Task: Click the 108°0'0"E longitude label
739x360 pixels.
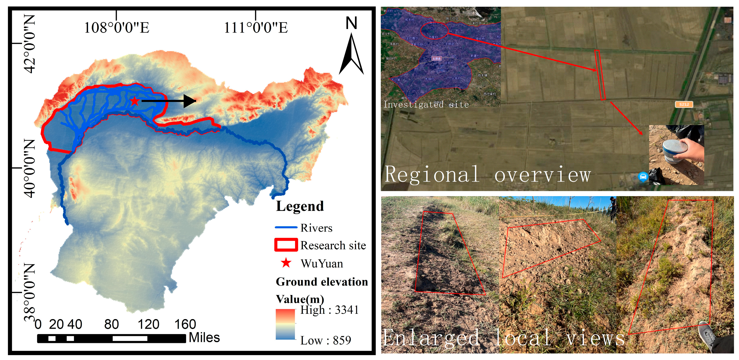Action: coord(117,28)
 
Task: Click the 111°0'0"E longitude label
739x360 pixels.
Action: coord(256,28)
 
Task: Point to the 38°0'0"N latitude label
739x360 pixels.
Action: coord(30,293)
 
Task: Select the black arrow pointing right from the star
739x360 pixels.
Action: coord(169,101)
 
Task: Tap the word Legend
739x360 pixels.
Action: coord(300,206)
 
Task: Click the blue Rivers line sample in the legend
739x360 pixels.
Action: coord(286,228)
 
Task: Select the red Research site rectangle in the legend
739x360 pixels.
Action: coord(286,245)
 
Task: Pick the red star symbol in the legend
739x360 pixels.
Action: coord(286,263)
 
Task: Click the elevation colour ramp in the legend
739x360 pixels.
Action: coord(285,324)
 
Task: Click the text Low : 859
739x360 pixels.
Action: coord(325,340)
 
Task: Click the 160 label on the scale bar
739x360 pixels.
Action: coord(185,324)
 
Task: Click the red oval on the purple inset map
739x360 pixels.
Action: coord(434,31)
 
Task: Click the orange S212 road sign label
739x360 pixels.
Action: coord(684,104)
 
